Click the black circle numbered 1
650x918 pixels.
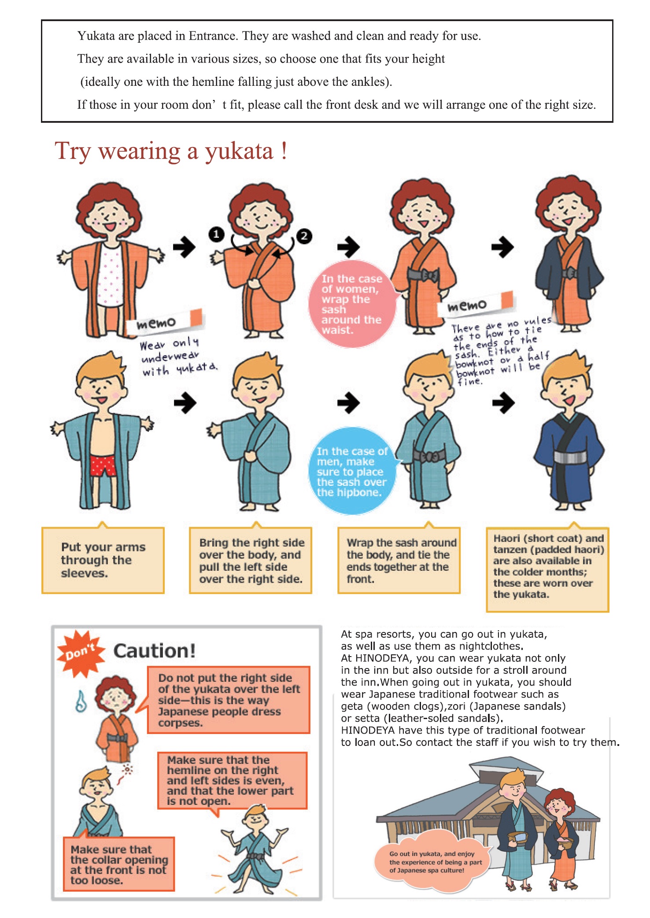216,235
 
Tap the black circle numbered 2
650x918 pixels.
304,236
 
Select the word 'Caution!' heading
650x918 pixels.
154,650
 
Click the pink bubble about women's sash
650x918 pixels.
352,304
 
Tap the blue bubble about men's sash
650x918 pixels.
352,471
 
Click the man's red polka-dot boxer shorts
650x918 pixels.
103,466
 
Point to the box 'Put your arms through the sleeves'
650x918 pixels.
103,560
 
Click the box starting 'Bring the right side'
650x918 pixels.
251,560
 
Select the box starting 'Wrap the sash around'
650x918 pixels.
399,560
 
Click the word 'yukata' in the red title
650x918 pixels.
239,152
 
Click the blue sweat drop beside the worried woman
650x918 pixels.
81,701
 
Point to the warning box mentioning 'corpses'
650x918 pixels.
229,700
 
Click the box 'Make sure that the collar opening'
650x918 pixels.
119,864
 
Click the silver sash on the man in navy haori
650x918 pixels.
570,458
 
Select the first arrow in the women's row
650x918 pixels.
184,247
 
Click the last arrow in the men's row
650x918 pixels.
503,402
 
